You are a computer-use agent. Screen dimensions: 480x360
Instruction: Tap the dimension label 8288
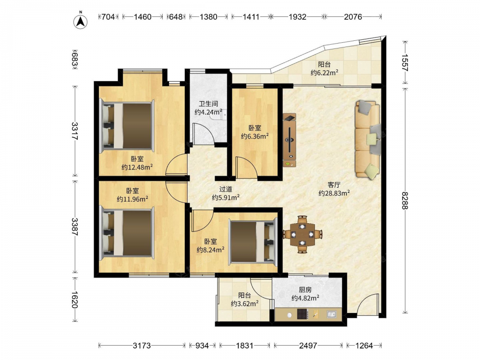(405, 201)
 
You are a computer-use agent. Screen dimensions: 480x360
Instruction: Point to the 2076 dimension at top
(353, 17)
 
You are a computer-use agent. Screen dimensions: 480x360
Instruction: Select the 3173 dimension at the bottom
(142, 346)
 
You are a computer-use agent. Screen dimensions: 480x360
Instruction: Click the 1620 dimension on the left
(74, 300)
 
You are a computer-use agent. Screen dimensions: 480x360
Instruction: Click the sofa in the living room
(368, 140)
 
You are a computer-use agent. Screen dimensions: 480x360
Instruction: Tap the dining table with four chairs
(302, 235)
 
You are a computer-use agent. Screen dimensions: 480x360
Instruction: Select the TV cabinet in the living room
(289, 140)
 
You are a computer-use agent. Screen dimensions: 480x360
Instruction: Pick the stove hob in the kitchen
(303, 314)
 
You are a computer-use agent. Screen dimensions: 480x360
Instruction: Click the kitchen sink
(331, 314)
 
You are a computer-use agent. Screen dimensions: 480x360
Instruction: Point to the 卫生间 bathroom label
(208, 104)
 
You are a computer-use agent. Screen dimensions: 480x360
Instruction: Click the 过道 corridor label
(226, 190)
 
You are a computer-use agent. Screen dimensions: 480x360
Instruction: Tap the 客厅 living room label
(334, 185)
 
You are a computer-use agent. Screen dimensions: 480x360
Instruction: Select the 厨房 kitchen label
(305, 289)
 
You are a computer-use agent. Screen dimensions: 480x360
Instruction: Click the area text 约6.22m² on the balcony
(324, 72)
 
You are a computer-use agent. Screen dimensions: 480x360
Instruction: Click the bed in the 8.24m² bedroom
(253, 241)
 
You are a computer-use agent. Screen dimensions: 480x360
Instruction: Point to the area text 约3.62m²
(245, 304)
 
